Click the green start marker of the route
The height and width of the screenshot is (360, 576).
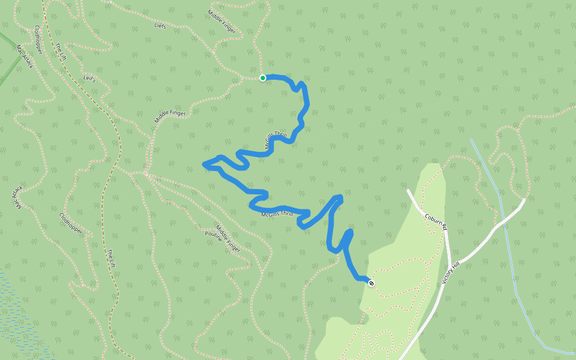pyautogui.click(x=263, y=78)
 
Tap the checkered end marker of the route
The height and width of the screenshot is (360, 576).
pyautogui.click(x=371, y=283)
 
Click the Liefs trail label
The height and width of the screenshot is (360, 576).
pyautogui.click(x=160, y=26)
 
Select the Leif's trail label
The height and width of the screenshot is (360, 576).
pyautogui.click(x=89, y=79)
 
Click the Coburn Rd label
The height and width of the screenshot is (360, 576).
pyautogui.click(x=436, y=221)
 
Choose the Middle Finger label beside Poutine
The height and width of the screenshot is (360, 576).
pyautogui.click(x=228, y=238)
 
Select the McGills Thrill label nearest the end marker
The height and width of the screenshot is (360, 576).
pyautogui.click(x=277, y=214)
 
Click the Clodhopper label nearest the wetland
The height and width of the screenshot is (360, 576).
pyautogui.click(x=71, y=223)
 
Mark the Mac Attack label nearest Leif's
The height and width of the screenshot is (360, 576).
pyautogui.click(x=25, y=57)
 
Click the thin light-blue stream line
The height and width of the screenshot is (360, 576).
pyautogui.click(x=510, y=252)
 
